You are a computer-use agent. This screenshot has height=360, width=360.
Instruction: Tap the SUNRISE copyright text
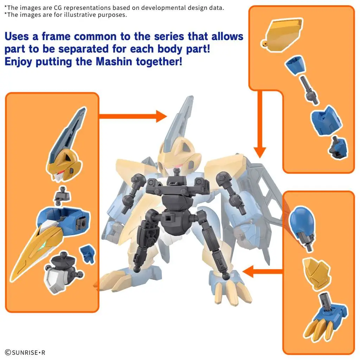coord(25,352)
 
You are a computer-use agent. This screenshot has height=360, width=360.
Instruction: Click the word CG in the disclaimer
coord(58,8)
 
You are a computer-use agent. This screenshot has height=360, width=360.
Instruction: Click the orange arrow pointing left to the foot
coord(262,272)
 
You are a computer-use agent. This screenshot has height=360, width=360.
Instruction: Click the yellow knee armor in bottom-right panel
coord(317,272)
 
